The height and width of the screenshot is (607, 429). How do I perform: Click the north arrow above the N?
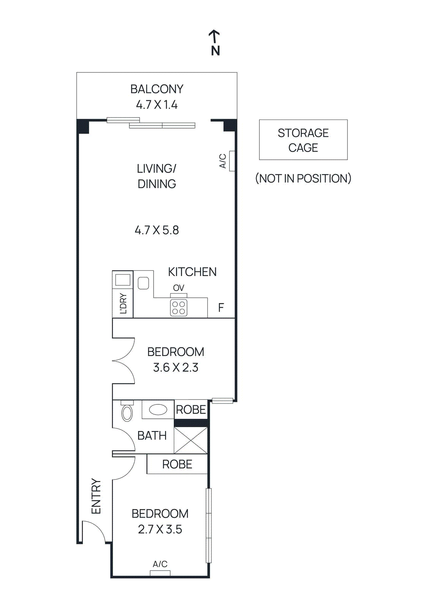pyautogui.click(x=214, y=36)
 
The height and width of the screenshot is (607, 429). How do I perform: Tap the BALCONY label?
pyautogui.click(x=157, y=89)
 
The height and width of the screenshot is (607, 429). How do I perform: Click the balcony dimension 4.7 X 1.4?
pyautogui.click(x=157, y=105)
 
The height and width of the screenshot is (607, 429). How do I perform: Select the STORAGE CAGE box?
pyautogui.click(x=303, y=140)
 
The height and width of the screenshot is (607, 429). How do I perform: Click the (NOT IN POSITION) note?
pyautogui.click(x=303, y=178)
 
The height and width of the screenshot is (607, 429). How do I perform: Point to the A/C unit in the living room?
pyautogui.click(x=232, y=161)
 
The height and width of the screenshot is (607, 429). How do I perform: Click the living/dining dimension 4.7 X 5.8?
pyautogui.click(x=157, y=230)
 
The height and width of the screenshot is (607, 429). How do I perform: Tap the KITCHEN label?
pyautogui.click(x=192, y=272)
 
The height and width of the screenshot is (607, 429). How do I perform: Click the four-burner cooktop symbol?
pyautogui.click(x=179, y=308)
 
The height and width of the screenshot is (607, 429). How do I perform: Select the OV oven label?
pyautogui.click(x=179, y=288)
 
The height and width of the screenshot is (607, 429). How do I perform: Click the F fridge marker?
pyautogui.click(x=221, y=308)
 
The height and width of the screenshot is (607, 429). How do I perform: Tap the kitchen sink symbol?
pyautogui.click(x=143, y=283)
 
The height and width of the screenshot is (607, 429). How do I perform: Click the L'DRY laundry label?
pyautogui.click(x=123, y=303)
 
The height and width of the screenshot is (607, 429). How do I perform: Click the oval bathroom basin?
pyautogui.click(x=158, y=410)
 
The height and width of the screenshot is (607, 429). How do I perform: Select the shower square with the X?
pyautogui.click(x=191, y=440)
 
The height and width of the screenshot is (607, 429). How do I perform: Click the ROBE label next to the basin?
pyautogui.click(x=191, y=410)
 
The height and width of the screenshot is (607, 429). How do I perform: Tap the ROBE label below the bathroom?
pyautogui.click(x=177, y=464)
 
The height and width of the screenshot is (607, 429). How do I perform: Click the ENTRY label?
pyautogui.click(x=96, y=496)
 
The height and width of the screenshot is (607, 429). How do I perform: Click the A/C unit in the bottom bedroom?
pyautogui.click(x=160, y=572)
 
